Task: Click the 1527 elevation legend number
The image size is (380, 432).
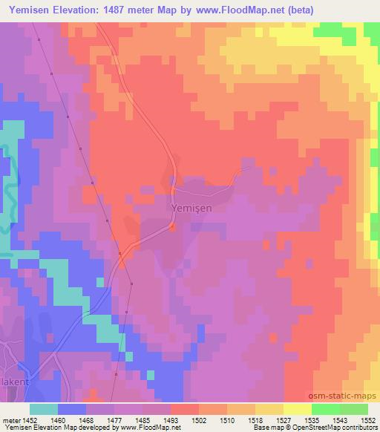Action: (286, 420)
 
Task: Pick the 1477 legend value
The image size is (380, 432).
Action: (115, 420)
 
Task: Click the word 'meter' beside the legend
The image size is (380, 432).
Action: (9, 420)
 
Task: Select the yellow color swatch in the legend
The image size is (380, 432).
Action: (298, 409)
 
